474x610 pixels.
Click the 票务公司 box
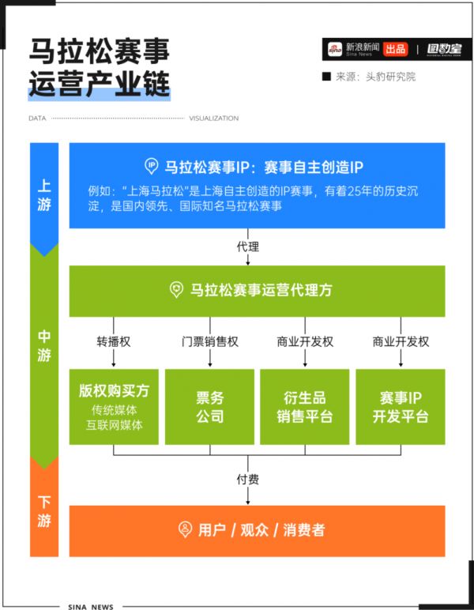[209, 407]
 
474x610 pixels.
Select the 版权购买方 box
[114, 407]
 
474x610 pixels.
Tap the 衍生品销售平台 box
[304, 407]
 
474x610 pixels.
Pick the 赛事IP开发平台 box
[401, 407]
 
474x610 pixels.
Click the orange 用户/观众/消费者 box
[257, 531]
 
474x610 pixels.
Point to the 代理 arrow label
[248, 247]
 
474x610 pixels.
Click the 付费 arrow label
[248, 479]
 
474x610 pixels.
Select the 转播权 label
[114, 341]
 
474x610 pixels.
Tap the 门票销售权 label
[209, 341]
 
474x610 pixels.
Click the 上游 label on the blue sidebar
[44, 195]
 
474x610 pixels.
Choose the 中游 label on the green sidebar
[44, 346]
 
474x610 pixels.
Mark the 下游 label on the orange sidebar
[44, 511]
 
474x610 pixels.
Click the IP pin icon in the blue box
[151, 166]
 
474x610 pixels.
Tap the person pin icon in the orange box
[185, 529]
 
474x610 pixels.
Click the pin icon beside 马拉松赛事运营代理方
[176, 290]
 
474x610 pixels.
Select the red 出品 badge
[396, 49]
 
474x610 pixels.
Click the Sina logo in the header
[334, 49]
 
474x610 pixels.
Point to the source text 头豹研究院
[390, 77]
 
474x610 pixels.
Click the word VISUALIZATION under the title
[214, 119]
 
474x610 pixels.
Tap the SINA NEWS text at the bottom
[91, 607]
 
